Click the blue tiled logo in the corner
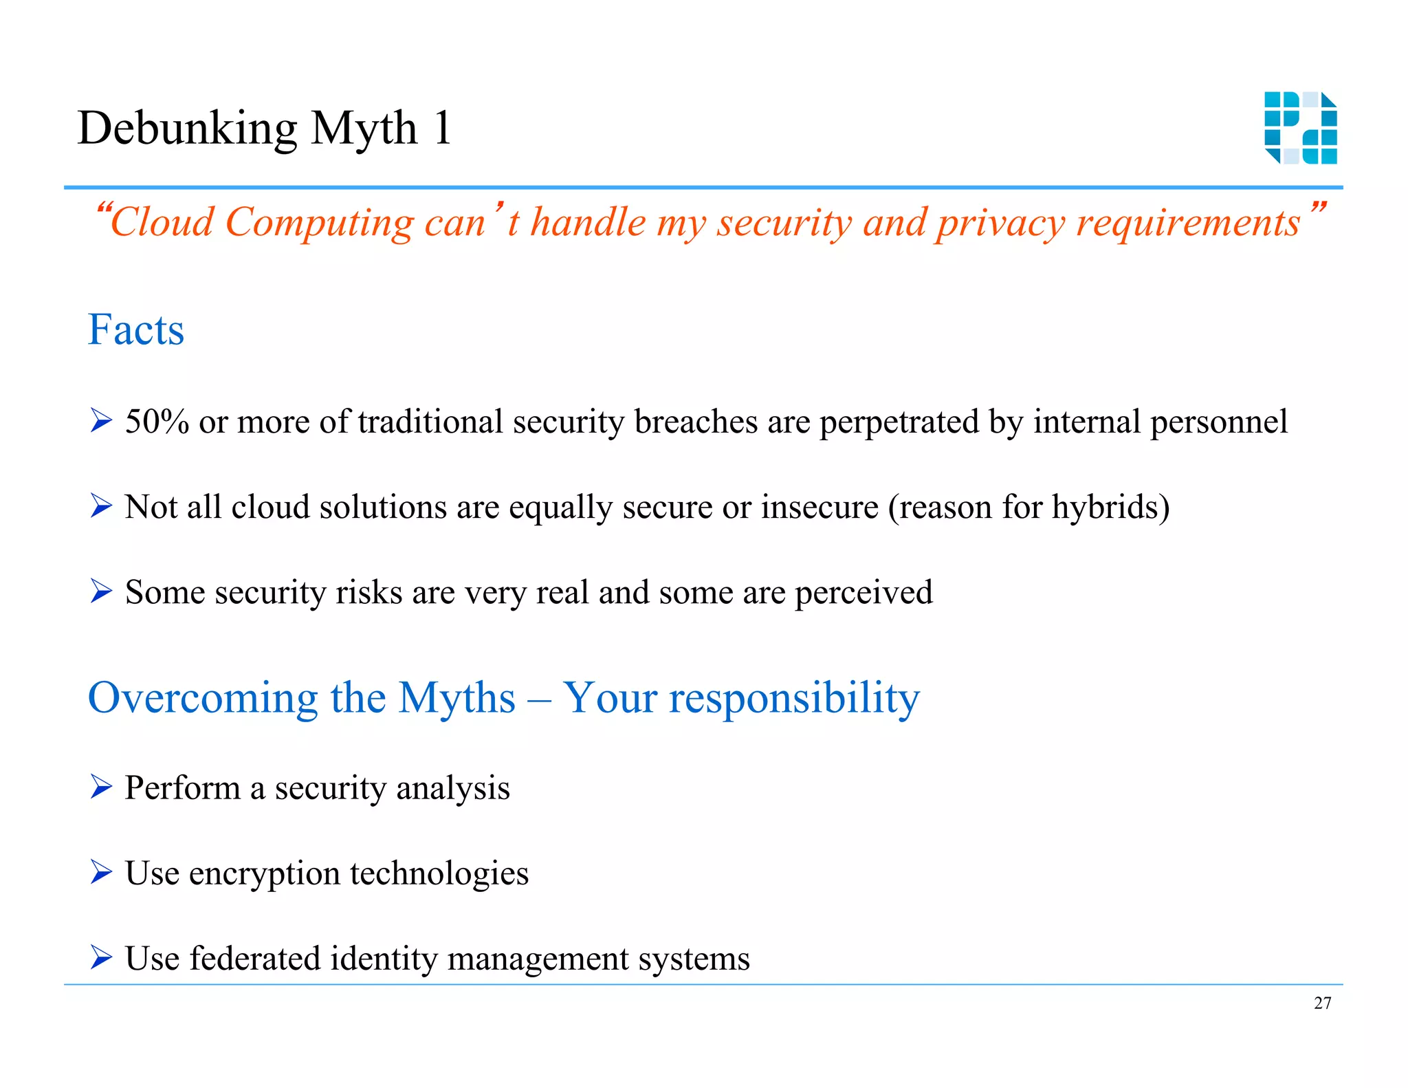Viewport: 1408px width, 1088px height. point(1300,128)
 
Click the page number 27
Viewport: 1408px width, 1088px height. point(1322,1003)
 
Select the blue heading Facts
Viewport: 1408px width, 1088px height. point(136,329)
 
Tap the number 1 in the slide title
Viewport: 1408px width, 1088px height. point(442,128)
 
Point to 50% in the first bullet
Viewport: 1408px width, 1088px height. point(157,422)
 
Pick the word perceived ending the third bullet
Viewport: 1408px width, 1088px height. point(863,593)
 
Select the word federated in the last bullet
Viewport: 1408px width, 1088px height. point(254,958)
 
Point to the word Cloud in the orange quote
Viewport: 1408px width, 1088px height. point(162,223)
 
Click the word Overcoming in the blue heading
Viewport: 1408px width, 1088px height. point(203,699)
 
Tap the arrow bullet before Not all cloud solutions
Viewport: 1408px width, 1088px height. point(101,507)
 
